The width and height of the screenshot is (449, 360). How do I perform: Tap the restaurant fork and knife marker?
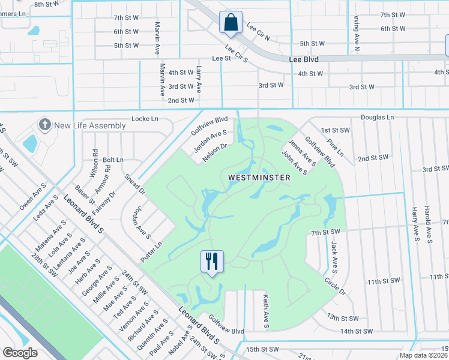coord(211,262)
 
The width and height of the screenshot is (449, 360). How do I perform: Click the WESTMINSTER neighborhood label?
coord(259,178)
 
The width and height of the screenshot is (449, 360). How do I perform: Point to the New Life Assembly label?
coord(90,126)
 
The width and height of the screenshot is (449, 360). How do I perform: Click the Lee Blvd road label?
coord(303,59)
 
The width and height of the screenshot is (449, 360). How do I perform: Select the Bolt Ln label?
coord(113,160)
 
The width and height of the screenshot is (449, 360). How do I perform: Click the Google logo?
coord(20,353)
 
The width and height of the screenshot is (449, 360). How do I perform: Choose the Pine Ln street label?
coord(336,148)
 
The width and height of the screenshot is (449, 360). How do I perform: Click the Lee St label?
coord(221,59)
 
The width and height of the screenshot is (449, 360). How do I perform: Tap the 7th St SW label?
coord(326,232)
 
